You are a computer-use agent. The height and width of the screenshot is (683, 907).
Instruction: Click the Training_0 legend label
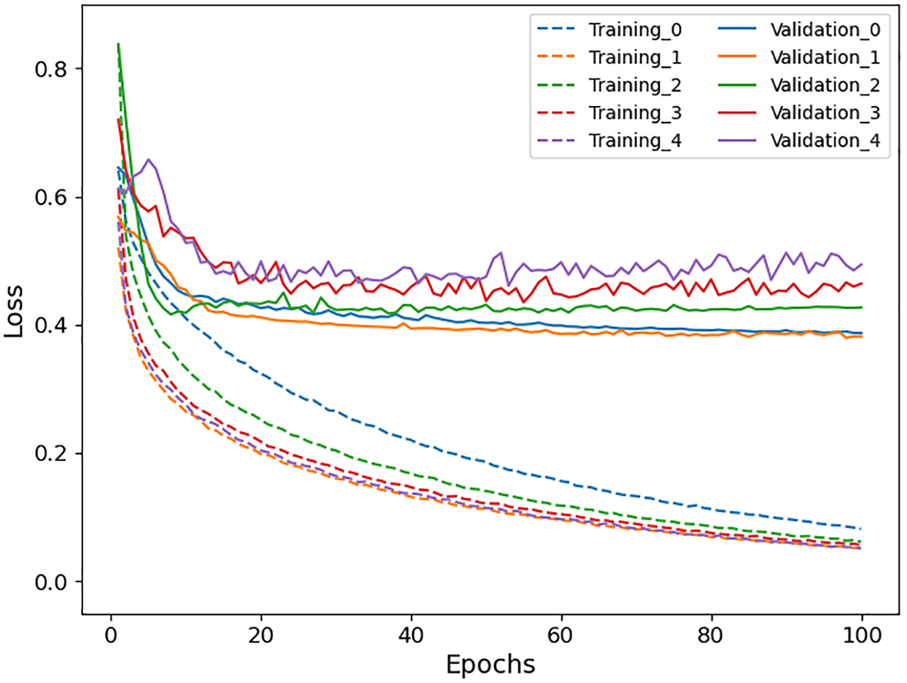click(x=635, y=30)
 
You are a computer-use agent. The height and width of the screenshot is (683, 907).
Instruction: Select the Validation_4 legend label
click(x=825, y=140)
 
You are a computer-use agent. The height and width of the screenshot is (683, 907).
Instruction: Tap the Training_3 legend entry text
click(x=635, y=113)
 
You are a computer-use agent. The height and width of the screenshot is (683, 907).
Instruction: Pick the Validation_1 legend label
click(x=825, y=57)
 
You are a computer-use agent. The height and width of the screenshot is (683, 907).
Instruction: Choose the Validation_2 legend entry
click(x=825, y=85)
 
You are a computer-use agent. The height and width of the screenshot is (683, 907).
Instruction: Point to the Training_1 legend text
click(x=635, y=57)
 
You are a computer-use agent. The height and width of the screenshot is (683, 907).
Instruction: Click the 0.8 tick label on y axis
click(x=51, y=69)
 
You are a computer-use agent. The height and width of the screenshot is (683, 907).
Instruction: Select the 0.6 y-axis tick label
click(x=51, y=198)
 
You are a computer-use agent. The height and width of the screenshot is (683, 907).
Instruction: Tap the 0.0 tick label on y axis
click(x=51, y=582)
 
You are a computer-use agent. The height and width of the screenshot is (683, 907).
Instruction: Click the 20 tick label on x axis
click(x=261, y=635)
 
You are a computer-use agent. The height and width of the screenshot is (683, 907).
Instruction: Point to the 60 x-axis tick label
click(x=561, y=635)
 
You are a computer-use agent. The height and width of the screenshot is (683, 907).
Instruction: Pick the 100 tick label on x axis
click(x=862, y=635)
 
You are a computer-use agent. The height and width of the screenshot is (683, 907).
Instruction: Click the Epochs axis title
click(x=490, y=664)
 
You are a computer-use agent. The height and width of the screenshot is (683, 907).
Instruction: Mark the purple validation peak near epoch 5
click(x=148, y=160)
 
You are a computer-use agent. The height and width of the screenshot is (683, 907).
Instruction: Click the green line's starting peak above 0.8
click(x=118, y=44)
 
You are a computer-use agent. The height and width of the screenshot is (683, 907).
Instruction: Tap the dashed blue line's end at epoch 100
click(x=861, y=529)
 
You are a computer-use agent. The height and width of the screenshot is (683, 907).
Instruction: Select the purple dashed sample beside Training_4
click(x=556, y=140)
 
